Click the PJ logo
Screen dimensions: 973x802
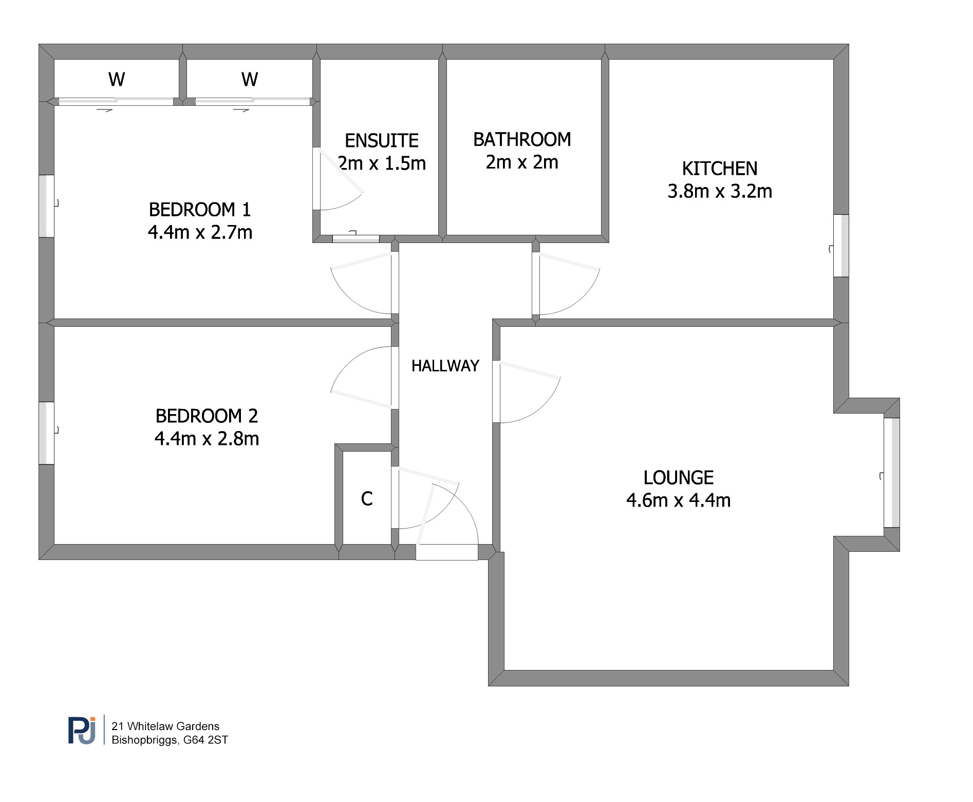[x=82, y=730]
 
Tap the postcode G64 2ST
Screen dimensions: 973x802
[x=205, y=740]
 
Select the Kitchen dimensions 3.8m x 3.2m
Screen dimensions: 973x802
[x=720, y=191]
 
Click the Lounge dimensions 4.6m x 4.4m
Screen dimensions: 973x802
[x=678, y=500]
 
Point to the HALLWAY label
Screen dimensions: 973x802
[x=445, y=366]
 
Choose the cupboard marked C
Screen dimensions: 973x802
[x=367, y=498]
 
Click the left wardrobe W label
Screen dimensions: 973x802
[x=117, y=79]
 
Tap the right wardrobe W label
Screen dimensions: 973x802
[x=250, y=79]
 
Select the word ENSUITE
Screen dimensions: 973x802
[x=382, y=140]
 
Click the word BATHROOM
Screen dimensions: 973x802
[x=522, y=139]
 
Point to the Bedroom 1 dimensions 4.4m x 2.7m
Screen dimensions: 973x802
[x=200, y=232]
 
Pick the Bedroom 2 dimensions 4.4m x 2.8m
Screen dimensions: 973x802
[x=207, y=439]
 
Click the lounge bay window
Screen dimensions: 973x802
[x=892, y=473]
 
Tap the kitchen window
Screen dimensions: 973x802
[x=841, y=246]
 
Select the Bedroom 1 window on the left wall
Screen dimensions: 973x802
[x=47, y=206]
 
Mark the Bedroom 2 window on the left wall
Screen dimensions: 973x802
[x=47, y=433]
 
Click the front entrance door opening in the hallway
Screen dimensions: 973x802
[x=446, y=552]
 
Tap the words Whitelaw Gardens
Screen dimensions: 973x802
[x=173, y=726]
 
